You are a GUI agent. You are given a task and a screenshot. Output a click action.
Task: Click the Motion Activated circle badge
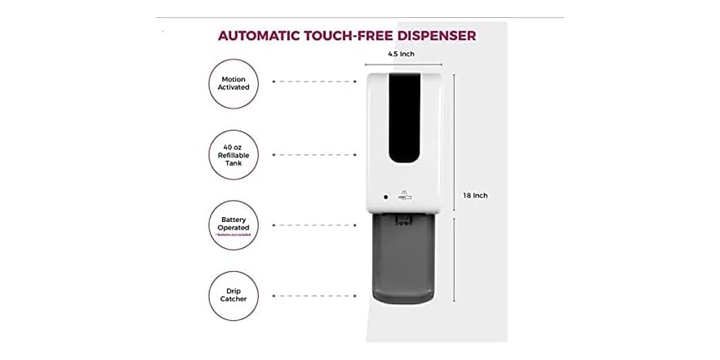point(233,82)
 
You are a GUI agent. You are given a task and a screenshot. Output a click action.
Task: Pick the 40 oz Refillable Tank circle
point(233,154)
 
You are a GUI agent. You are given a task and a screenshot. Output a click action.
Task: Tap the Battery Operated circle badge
point(233,224)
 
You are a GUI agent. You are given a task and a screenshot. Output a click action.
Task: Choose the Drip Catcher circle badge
point(233,296)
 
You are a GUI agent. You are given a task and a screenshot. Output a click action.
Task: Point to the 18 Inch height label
point(474,196)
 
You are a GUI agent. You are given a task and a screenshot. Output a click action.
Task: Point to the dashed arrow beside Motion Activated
point(314,82)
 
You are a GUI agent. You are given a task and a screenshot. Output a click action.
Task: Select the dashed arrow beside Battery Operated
point(314,224)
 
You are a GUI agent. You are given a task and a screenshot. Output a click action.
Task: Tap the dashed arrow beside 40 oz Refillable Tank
point(314,154)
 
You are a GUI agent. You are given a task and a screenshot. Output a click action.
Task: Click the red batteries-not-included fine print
point(233,234)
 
